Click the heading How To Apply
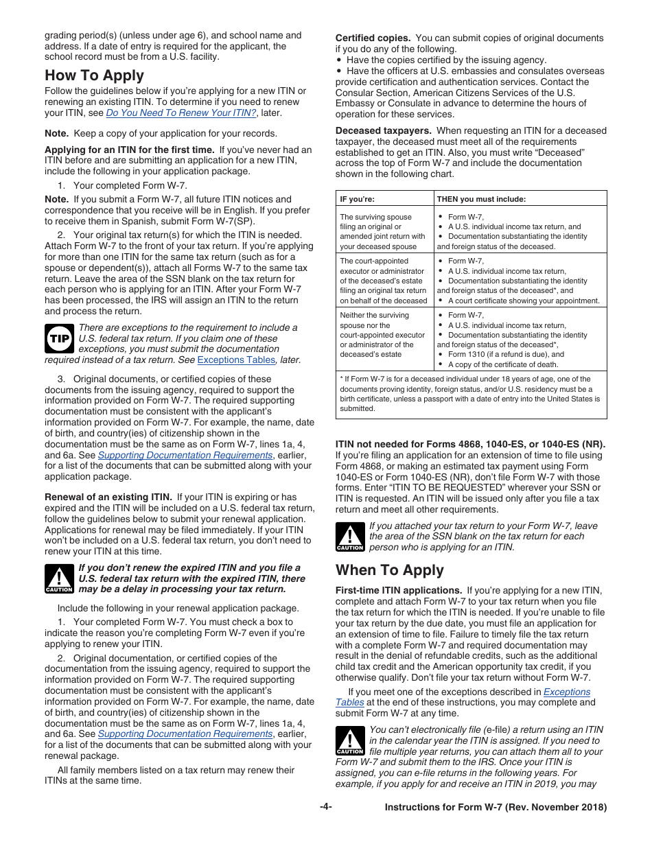click(x=94, y=75)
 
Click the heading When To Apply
click(x=390, y=570)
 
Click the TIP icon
click(x=58, y=338)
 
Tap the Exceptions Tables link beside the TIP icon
click(x=236, y=360)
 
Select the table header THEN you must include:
click(x=481, y=199)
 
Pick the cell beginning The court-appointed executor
click(x=383, y=281)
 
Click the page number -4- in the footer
click(x=326, y=807)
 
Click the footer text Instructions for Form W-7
click(x=496, y=807)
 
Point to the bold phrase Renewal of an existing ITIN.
click(x=108, y=497)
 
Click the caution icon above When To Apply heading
click(x=349, y=537)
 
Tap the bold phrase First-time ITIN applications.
click(x=398, y=590)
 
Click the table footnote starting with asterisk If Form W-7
click(x=470, y=393)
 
